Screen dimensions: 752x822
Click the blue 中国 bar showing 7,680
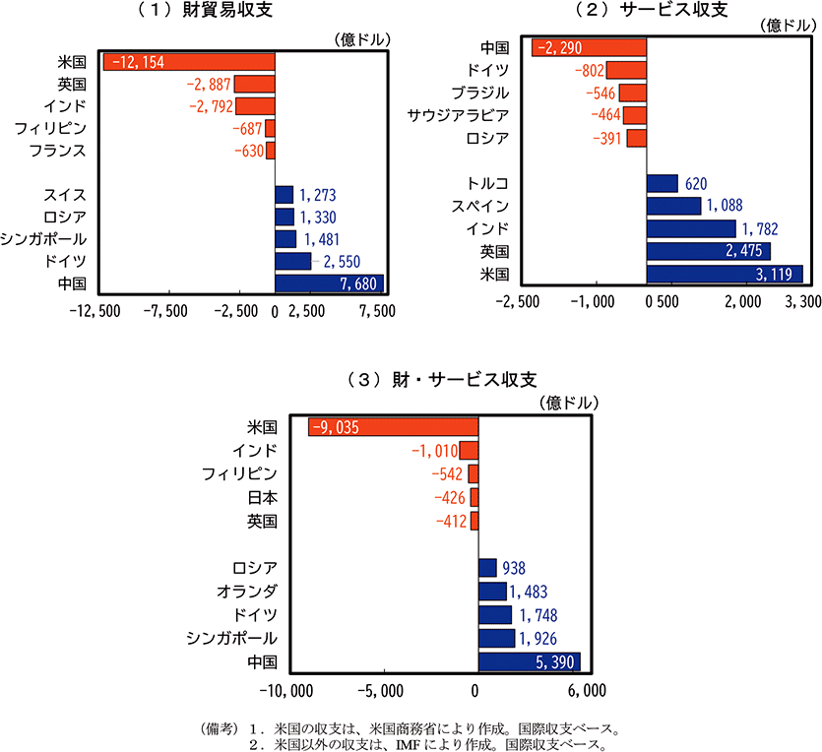[x=329, y=283]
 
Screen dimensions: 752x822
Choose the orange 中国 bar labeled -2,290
[x=589, y=47]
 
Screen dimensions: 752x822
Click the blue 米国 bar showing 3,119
[x=725, y=274]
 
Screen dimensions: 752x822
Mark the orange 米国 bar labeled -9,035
[x=393, y=426]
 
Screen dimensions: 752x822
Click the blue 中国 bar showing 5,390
[x=529, y=661]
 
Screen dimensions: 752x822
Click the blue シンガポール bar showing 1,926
[x=496, y=638]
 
